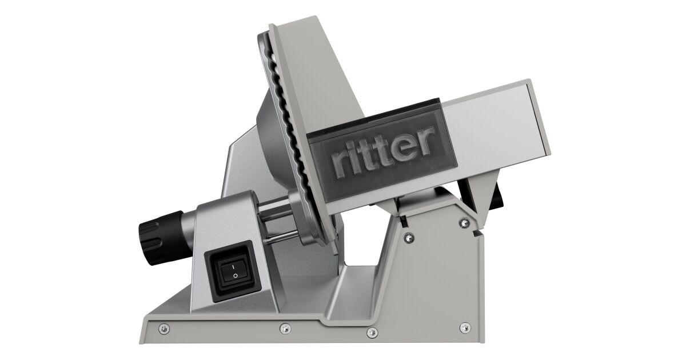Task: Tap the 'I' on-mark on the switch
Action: [233, 267]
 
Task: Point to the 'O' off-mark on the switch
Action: [235, 276]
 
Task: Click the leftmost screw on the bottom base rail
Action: [164, 329]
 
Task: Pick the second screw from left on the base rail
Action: [285, 329]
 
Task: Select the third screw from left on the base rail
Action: [372, 332]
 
